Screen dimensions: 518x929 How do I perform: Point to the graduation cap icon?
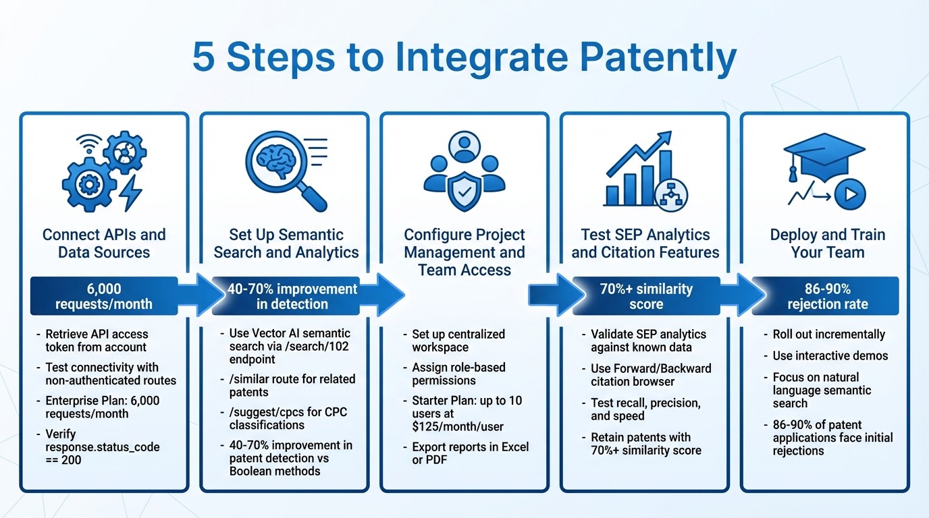click(823, 156)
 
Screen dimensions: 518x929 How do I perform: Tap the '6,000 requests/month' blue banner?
click(104, 296)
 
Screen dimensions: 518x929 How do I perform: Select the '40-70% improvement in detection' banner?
click(292, 296)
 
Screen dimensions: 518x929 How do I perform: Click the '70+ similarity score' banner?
click(645, 296)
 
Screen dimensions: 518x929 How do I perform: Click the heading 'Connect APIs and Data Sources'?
click(104, 243)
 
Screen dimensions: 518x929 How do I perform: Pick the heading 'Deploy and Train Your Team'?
click(827, 243)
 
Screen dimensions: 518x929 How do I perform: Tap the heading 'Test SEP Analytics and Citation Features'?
click(645, 243)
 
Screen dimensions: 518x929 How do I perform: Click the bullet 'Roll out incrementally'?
click(828, 335)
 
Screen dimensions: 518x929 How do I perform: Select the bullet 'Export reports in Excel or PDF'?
click(470, 454)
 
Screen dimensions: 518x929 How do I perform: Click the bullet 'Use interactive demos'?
click(830, 356)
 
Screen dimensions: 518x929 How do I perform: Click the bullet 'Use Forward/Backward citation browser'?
click(650, 375)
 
